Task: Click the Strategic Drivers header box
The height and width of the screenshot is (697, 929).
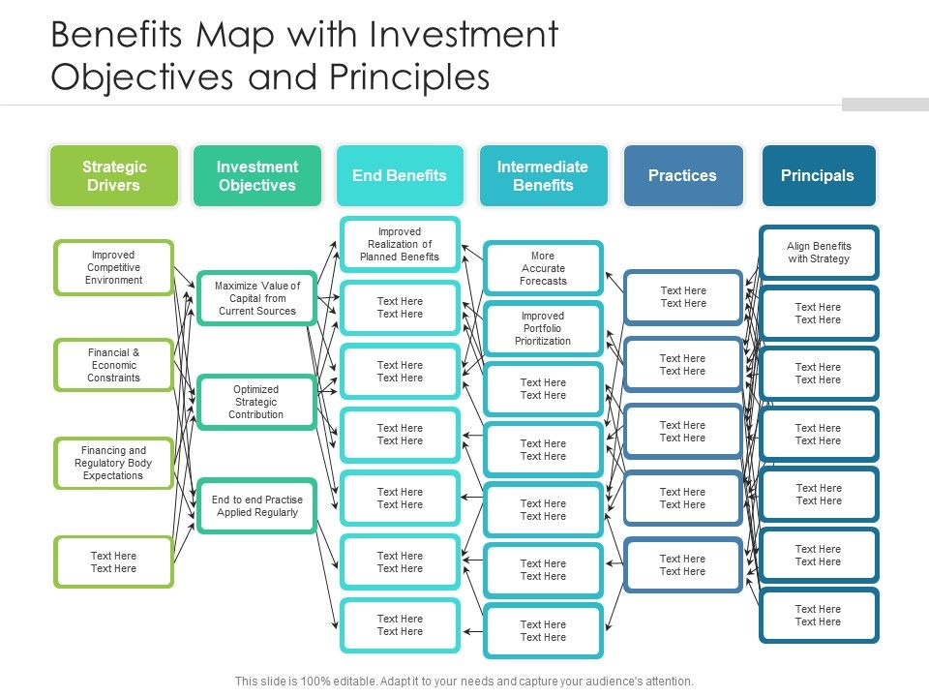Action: pos(114,176)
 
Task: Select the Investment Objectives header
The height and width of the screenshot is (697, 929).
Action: pos(256,176)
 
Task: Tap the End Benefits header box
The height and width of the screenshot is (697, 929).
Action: pos(400,176)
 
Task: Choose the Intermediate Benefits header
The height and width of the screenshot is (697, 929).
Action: pos(543,176)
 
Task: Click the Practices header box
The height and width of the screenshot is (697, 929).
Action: pos(682,176)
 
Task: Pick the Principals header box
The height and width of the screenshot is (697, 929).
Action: pos(818,176)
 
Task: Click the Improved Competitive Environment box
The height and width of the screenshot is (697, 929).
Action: pos(114,267)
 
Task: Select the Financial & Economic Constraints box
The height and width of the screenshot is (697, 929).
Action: pos(114,365)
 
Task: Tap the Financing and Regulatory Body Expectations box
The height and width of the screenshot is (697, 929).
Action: pos(114,463)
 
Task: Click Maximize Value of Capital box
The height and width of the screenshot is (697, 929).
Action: pos(256,298)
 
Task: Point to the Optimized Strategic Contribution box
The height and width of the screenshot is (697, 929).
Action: pos(256,402)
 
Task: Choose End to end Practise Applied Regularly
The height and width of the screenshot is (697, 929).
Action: pos(256,505)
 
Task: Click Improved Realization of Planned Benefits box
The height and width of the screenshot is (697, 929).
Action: pos(400,244)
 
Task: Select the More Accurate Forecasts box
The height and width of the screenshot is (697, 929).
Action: pos(543,268)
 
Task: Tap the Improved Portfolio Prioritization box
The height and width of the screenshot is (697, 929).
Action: pos(543,328)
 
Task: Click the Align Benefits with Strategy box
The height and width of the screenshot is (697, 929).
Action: pos(819,253)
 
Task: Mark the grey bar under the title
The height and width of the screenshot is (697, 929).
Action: pos(884,105)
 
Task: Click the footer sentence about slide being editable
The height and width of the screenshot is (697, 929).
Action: pos(464,682)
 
